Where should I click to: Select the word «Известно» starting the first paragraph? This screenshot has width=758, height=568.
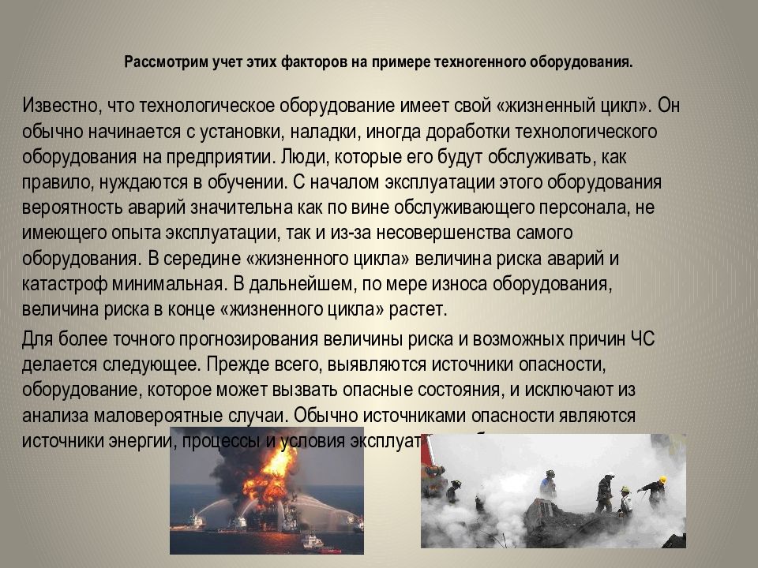(x=58, y=106)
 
